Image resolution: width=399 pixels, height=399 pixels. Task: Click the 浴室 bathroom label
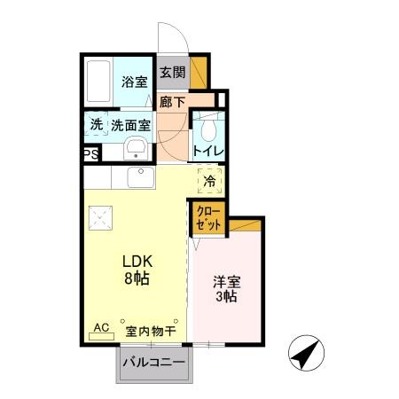(134, 82)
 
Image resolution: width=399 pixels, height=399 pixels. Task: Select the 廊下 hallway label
(172, 102)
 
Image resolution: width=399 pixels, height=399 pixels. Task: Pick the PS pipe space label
(91, 154)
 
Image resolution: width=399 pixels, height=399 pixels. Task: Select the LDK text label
(137, 262)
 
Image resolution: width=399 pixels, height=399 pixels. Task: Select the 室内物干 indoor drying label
(151, 331)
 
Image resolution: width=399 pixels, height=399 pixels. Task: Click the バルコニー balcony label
(153, 363)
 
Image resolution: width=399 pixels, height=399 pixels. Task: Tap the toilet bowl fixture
(209, 131)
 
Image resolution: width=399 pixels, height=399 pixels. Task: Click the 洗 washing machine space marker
(97, 126)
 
